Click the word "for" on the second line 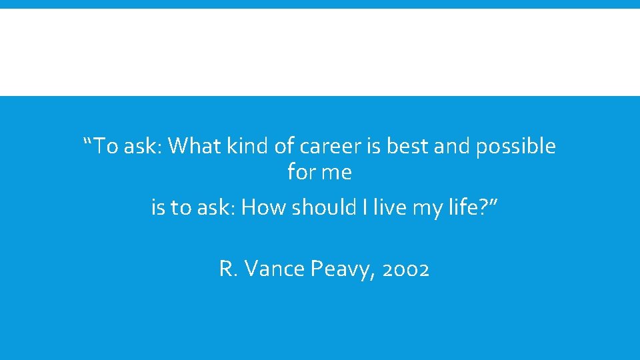pos(301,173)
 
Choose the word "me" pos(337,173)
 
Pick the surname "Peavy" pos(337,269)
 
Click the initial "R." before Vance pos(227,269)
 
